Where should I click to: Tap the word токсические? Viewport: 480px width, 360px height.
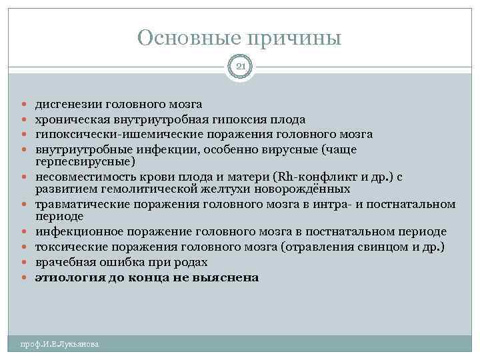point(69,247)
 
